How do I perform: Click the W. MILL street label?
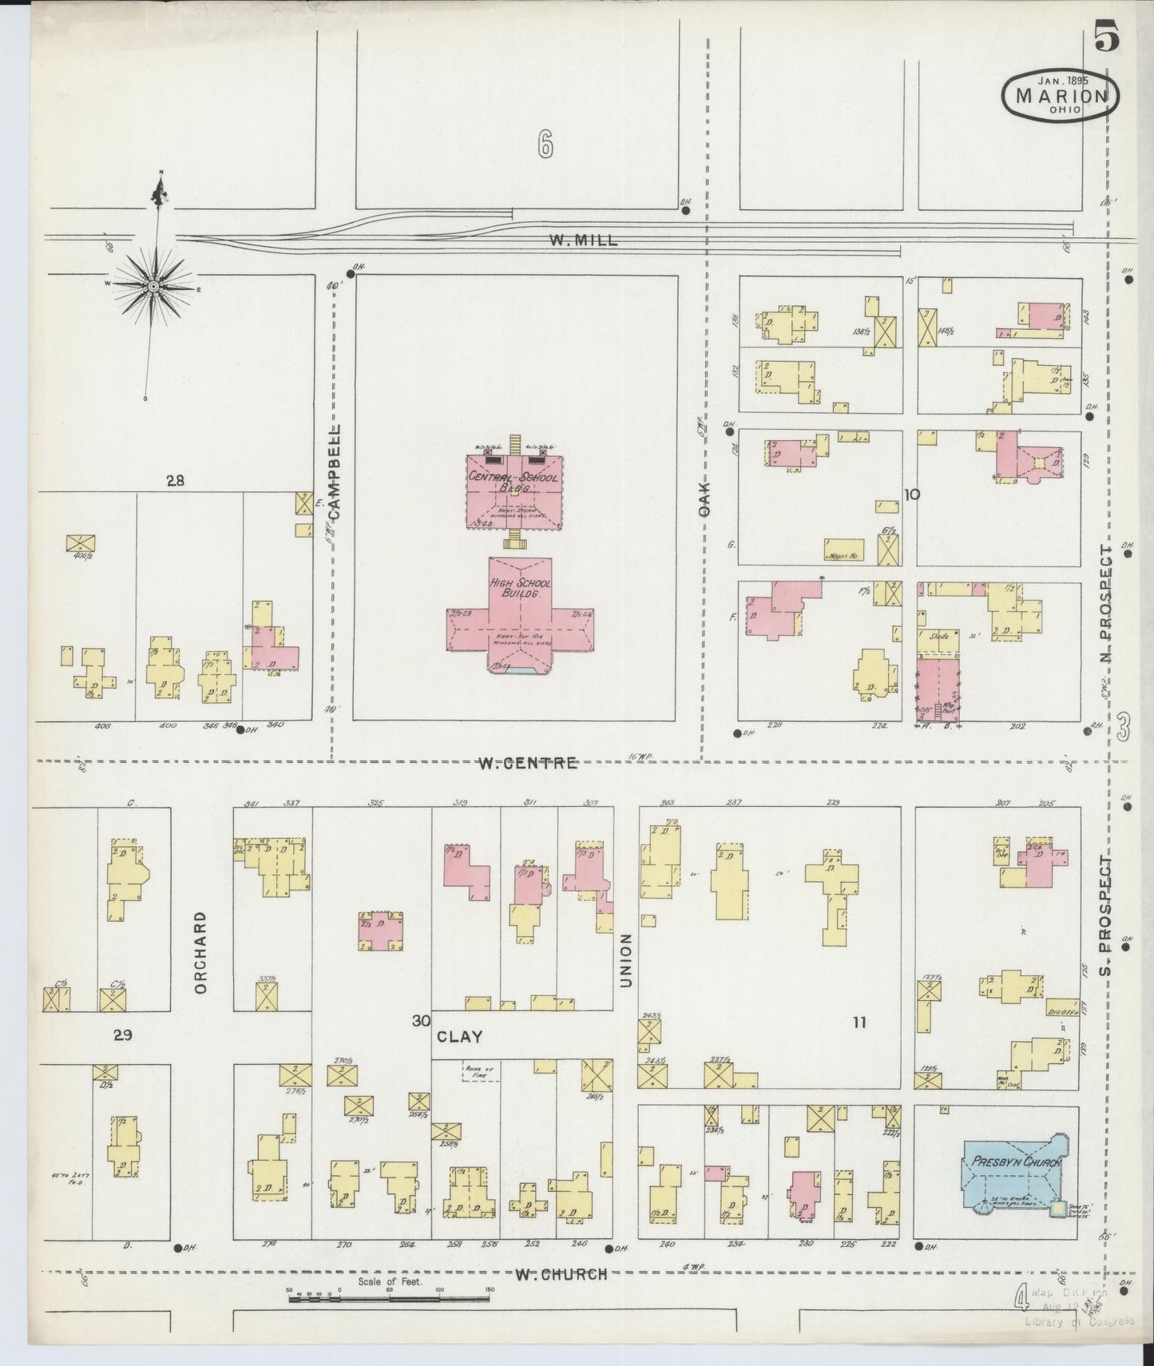583,240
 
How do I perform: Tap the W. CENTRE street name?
527,763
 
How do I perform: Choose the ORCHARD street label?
200,952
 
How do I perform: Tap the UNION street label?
625,960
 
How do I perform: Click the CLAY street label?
460,1037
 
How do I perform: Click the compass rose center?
152,286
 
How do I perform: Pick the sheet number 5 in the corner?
1106,38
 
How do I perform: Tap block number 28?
175,481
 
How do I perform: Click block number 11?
859,1021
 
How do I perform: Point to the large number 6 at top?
545,145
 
